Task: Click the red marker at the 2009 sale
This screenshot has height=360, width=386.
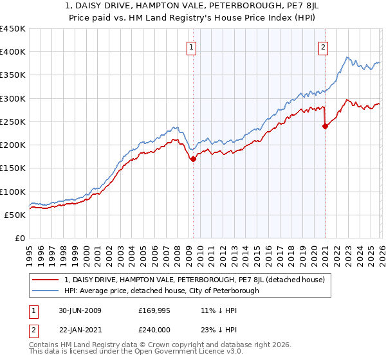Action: [x=193, y=159]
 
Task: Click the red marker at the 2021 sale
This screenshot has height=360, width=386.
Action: [x=325, y=127]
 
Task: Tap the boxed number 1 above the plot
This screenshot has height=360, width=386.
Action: [x=192, y=46]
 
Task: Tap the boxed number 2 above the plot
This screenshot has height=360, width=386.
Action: [x=323, y=46]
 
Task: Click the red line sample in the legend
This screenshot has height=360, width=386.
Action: [x=46, y=280]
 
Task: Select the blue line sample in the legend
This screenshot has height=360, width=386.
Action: [x=46, y=291]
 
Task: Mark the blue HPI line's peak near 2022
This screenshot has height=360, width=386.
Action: [x=347, y=57]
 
